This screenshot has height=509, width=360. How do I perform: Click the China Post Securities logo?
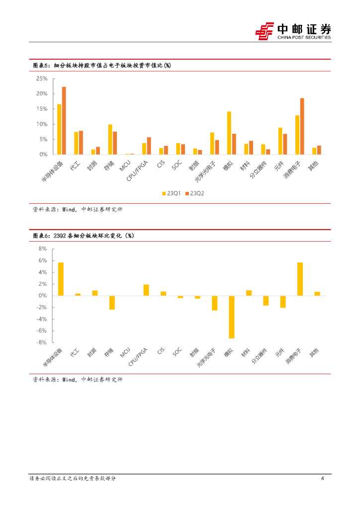pos(293,31)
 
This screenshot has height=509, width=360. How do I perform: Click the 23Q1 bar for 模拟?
pos(229,133)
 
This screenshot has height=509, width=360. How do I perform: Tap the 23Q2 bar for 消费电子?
pos(302,126)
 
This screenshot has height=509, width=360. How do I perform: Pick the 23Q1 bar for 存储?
pos(110,140)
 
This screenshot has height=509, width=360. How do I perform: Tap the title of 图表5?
pos(102,66)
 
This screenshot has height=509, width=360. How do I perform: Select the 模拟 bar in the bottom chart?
pos(231,317)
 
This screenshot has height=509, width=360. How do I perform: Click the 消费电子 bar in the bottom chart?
pos(300,279)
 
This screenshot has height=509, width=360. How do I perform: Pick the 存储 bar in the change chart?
pos(112,303)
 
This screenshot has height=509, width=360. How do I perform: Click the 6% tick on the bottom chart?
pos(43,260)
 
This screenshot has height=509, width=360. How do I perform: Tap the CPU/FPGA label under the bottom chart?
pos(139,357)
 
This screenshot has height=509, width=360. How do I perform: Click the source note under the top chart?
pos(77,210)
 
